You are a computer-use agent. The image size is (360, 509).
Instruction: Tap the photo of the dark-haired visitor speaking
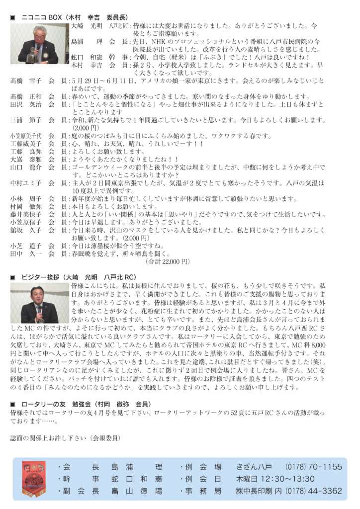coord(39,303)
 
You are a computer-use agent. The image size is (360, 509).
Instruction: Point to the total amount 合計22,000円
coord(168,261)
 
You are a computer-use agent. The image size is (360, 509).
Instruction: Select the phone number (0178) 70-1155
coord(314,467)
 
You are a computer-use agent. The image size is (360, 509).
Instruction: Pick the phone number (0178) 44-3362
coord(314,491)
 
